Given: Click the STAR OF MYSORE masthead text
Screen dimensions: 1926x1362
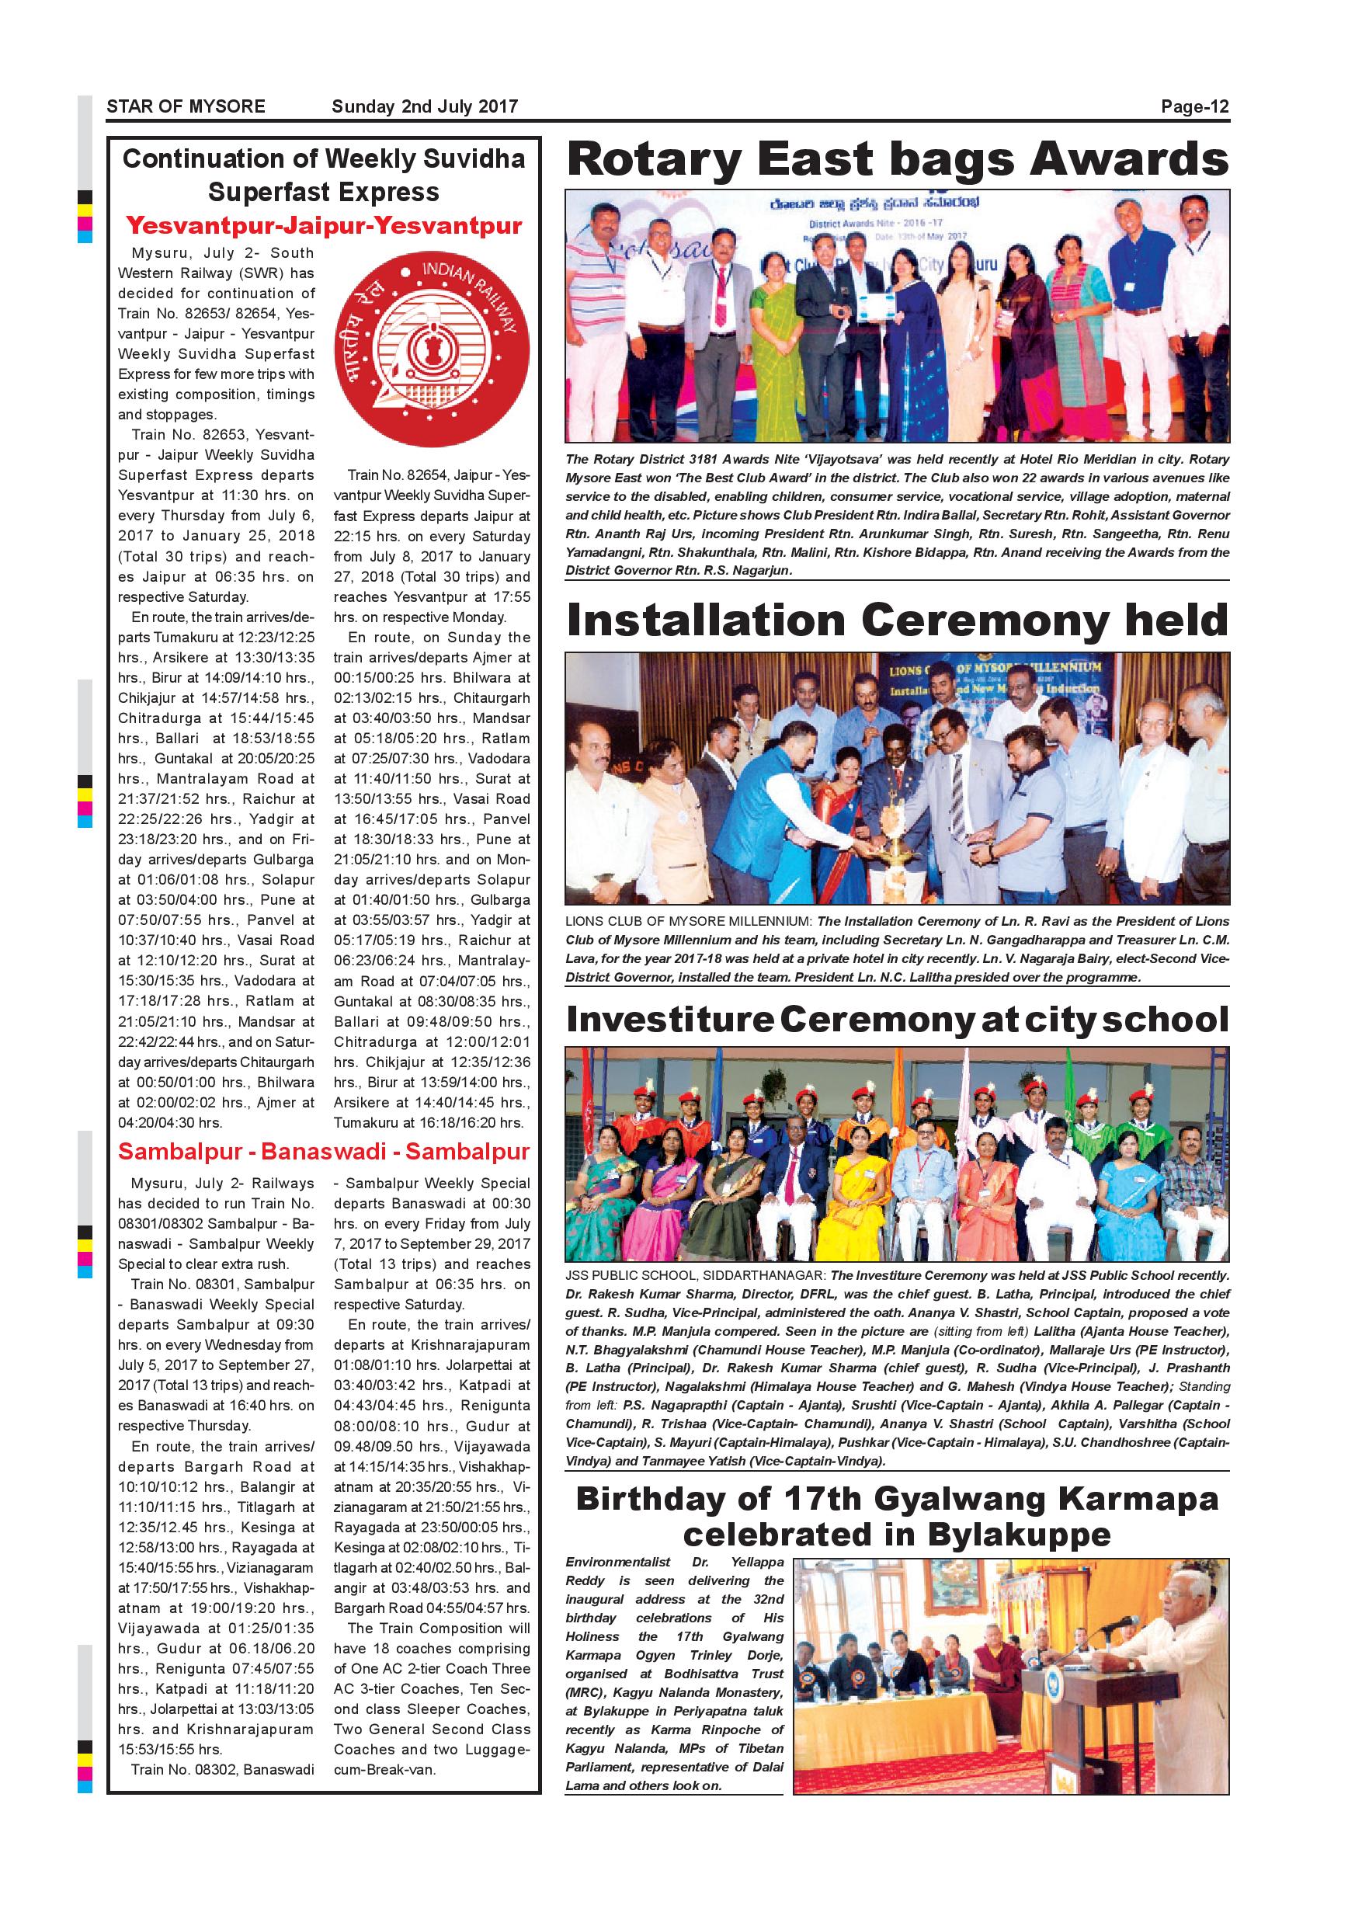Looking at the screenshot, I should click(x=186, y=106).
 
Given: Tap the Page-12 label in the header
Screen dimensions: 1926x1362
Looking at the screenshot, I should click(x=1194, y=106).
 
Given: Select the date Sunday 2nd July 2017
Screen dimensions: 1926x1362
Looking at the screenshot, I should click(x=425, y=106).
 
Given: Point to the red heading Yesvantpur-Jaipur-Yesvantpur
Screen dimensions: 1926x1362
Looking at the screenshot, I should click(x=324, y=226).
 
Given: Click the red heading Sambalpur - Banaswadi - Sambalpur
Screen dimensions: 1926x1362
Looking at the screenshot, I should click(x=324, y=1151).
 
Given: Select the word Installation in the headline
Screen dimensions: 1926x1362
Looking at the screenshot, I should click(x=705, y=621).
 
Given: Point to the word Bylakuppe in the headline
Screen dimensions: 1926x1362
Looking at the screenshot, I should click(x=1019, y=1535).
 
